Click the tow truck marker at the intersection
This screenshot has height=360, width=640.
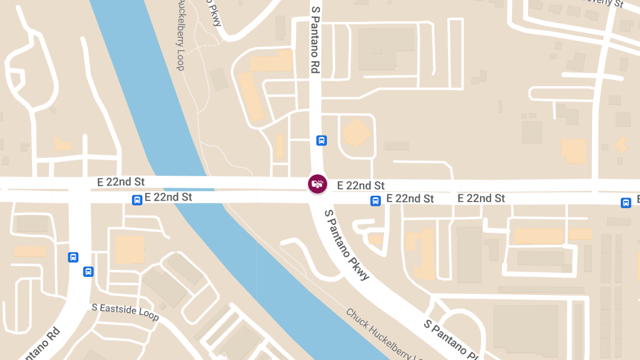(317, 184)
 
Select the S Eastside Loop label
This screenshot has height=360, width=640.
(125, 312)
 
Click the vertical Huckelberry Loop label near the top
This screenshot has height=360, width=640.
(180, 36)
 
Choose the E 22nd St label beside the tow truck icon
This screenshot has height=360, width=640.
(361, 186)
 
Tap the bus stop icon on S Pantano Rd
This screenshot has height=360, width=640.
(322, 140)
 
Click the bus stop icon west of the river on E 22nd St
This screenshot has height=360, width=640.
(137, 200)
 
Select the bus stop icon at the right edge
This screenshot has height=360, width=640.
(626, 203)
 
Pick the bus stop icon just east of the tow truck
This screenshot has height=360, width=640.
(375, 201)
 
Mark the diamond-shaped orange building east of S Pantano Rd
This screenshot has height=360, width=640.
(356, 133)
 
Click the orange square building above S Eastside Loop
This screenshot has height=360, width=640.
(130, 250)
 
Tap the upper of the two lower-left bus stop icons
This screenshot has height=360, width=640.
(73, 257)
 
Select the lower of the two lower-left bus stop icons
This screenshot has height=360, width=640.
(88, 271)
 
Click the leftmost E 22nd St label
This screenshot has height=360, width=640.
(121, 182)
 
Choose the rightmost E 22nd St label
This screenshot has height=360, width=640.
(481, 198)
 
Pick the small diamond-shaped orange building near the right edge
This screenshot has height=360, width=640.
(621, 145)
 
